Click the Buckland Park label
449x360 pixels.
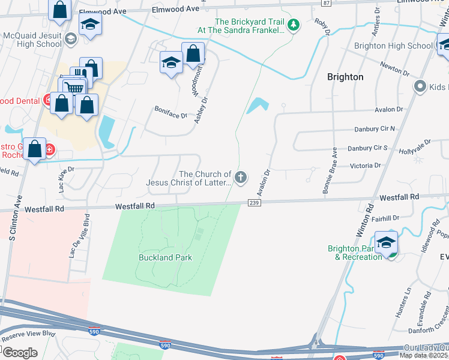166,257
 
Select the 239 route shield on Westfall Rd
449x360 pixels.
253,204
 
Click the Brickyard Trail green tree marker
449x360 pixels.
293,25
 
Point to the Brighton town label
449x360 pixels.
345,77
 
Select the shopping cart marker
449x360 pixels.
73,89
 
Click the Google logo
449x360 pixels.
19,352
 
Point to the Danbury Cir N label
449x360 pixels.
375,128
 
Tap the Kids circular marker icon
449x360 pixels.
420,87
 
